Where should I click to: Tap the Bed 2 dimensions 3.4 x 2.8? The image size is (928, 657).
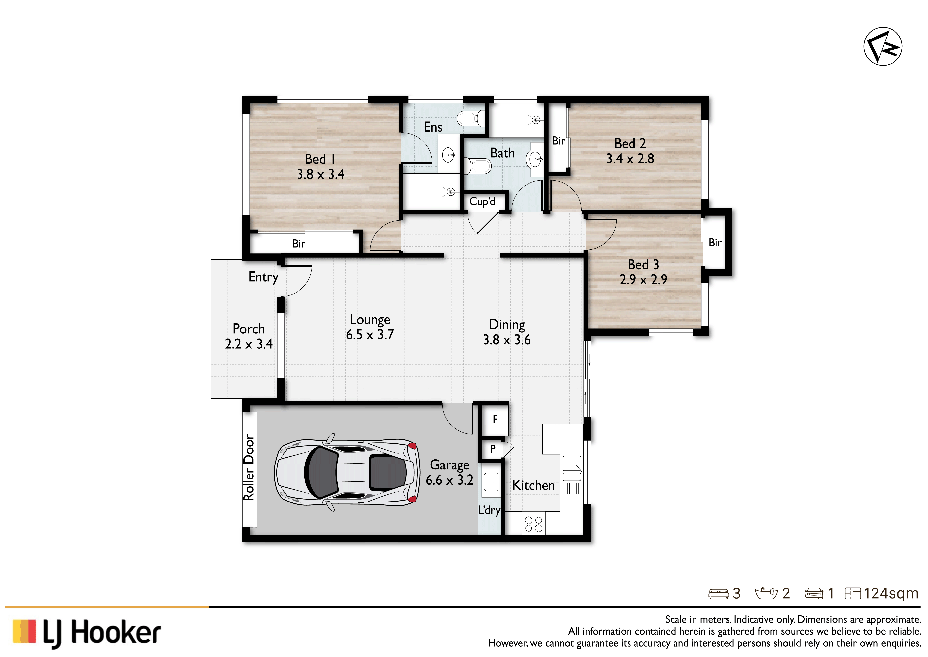630,158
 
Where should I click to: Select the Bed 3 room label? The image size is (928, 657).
643,265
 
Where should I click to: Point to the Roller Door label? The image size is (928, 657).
249,468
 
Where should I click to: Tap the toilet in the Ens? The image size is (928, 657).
471,118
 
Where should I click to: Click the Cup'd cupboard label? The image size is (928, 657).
482,201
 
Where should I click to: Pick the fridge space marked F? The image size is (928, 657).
495,420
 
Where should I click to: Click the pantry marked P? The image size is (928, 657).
492,449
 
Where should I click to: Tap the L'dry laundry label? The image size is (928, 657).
489,510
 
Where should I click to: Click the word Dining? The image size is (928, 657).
507,325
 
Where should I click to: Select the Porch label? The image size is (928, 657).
249,328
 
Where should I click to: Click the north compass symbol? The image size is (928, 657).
883,46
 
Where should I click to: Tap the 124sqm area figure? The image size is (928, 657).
891,593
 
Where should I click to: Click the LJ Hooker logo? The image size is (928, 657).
87,632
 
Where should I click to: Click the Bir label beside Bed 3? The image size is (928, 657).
715,243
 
